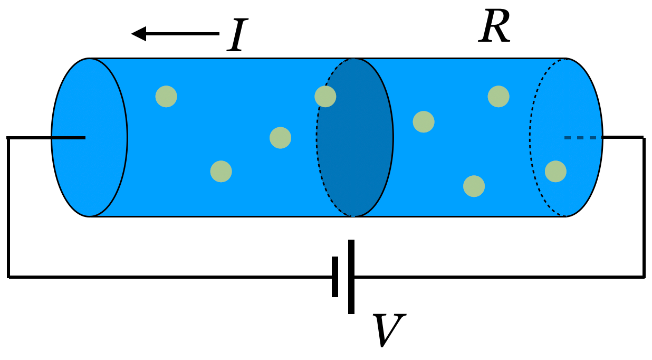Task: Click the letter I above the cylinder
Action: tap(237, 35)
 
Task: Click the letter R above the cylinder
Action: tap(494, 26)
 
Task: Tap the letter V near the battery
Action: tap(389, 330)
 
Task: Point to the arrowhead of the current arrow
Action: tap(139, 34)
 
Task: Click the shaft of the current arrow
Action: tap(183, 34)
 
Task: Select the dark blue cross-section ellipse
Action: tap(355, 137)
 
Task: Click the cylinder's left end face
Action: tap(89, 137)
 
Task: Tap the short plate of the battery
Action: tap(335, 277)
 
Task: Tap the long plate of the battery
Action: tap(351, 277)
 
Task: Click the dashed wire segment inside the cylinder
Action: tap(583, 138)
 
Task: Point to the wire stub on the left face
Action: tap(69, 138)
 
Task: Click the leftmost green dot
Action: tap(166, 97)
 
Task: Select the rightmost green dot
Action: tap(555, 171)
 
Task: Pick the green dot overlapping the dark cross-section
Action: tap(325, 97)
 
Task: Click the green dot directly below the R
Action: tap(498, 97)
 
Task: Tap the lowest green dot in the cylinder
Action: tap(474, 186)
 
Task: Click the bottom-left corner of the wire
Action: tap(8, 277)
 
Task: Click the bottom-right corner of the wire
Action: tap(644, 277)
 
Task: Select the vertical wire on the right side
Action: tap(644, 207)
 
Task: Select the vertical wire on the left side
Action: tap(8, 207)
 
